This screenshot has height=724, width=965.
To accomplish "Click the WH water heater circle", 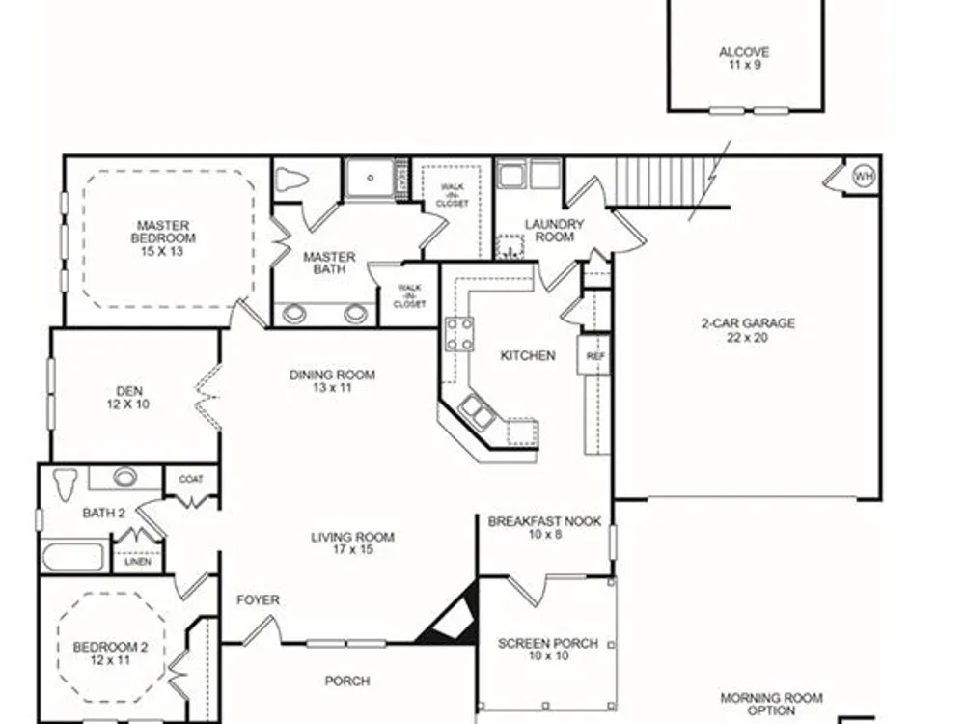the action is [864, 177].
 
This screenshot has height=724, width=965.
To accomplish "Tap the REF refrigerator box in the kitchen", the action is [593, 355].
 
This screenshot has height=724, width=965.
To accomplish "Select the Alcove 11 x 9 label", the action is [745, 58].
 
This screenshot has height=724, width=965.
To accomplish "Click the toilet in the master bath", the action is [291, 180].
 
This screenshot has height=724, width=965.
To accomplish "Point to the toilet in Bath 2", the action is [65, 484].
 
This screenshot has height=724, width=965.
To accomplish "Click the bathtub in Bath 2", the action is [72, 557].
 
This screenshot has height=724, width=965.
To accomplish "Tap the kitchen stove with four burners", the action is [459, 334].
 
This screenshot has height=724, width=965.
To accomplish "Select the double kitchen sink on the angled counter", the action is [478, 411].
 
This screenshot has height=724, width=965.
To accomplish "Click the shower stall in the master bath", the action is [370, 179].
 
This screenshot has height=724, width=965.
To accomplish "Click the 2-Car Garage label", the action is [748, 330].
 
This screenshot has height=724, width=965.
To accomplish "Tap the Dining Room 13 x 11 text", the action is [332, 381].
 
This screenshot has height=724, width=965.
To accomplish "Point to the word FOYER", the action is [258, 599].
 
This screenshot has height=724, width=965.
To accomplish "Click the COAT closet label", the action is [191, 479].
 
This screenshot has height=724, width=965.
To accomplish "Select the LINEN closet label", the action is [137, 562].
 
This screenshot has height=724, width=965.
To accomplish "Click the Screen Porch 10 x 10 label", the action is [548, 650].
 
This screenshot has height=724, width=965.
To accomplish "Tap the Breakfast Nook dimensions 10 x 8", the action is [544, 535].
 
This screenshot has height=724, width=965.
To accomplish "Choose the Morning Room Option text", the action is [771, 705].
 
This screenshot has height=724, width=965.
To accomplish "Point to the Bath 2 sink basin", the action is [124, 477].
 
